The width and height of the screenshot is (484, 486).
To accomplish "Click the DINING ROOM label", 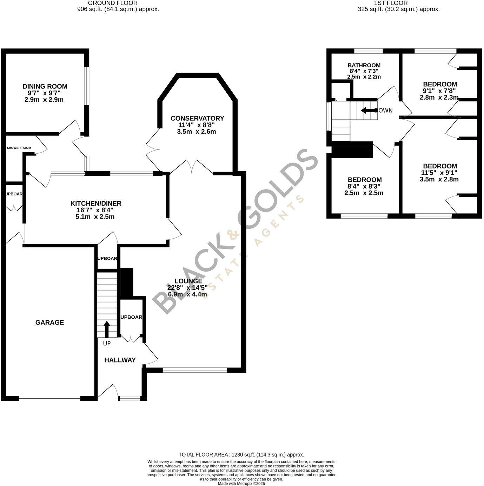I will tap(45, 86).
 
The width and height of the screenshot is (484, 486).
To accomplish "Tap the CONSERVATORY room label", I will tap(197, 118).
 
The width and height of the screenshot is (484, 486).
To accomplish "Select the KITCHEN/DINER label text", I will tap(96, 204).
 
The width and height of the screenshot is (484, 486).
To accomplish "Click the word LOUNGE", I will tap(188, 281).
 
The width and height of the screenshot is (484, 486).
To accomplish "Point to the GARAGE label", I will tap(49, 322).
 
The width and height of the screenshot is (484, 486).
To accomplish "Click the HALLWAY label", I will tap(120, 360).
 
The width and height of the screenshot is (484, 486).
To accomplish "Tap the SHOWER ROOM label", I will tap(19, 148).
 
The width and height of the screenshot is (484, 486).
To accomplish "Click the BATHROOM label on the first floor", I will tap(364, 65).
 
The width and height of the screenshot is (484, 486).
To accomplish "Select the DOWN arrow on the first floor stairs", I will tap(367, 111).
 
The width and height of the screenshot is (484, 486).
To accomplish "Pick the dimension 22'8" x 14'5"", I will tap(187, 288).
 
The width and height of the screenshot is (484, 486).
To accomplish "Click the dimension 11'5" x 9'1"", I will tap(440, 173).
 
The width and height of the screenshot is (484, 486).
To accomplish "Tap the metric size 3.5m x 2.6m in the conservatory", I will tap(197, 132).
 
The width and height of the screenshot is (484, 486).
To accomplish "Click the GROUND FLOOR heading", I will tap(113, 3).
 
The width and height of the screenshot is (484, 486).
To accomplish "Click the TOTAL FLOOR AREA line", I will tap(241, 454).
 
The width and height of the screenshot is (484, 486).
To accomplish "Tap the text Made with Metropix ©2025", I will tap(241, 483).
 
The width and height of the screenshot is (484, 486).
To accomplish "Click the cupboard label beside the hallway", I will tap(131, 317).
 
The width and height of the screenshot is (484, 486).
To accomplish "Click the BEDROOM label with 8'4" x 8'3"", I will tap(364, 180).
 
